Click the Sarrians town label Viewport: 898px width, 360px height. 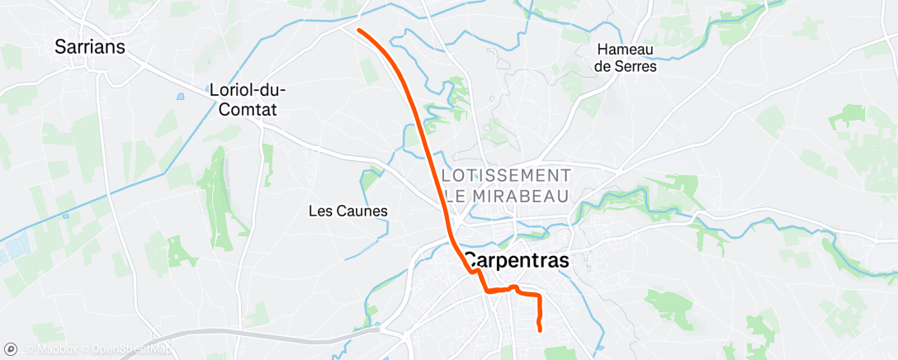pyautogui.click(x=90, y=47)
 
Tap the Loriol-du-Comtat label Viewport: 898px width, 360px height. pyautogui.click(x=242, y=100)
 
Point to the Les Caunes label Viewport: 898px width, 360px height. pyautogui.click(x=347, y=211)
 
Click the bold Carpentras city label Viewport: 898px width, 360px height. pyautogui.click(x=516, y=259)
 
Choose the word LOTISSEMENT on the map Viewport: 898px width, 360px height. pyautogui.click(x=507, y=176)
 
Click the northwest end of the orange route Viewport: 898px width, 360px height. pyautogui.click(x=359, y=31)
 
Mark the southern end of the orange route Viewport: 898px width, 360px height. pyautogui.click(x=540, y=329)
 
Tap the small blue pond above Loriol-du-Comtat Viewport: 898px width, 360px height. pyautogui.click(x=181, y=97)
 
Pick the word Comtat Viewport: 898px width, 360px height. pyautogui.click(x=243, y=109)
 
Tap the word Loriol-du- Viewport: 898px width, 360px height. pyautogui.click(x=242, y=91)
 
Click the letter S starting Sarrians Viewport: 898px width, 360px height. pyautogui.click(x=60, y=47)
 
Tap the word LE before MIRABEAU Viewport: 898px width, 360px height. pyautogui.click(x=456, y=197)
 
